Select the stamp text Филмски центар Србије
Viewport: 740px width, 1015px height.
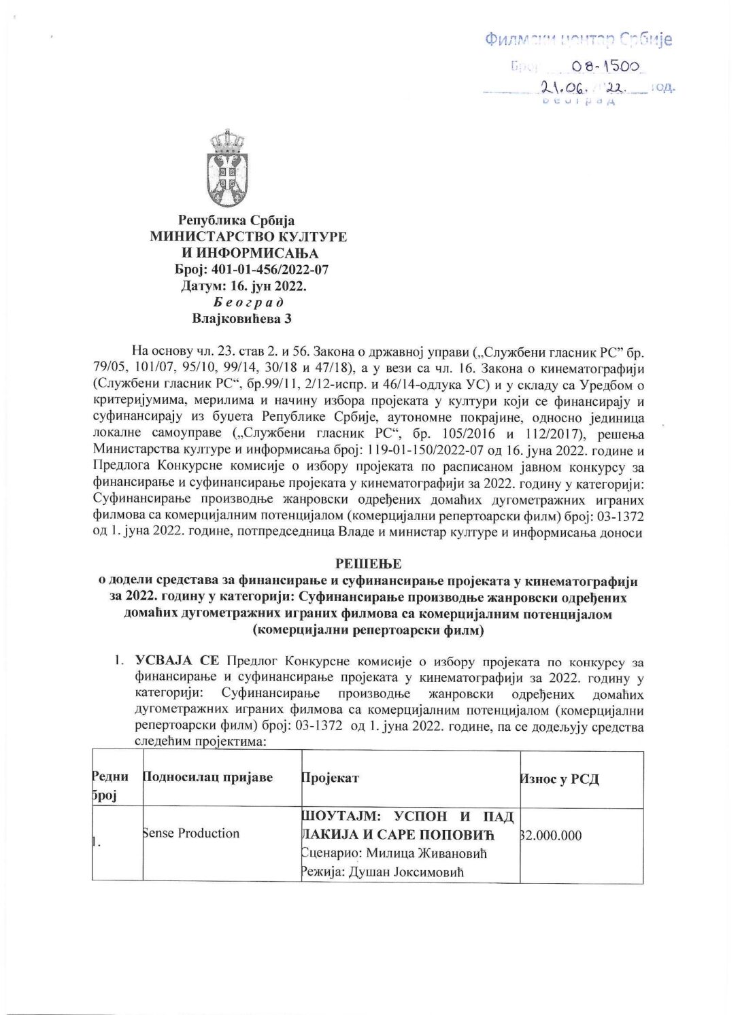pos(578,39)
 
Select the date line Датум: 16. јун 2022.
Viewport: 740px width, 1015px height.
pos(243,286)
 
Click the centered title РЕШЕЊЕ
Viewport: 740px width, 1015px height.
pos(368,564)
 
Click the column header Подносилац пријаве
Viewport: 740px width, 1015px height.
pos(207,777)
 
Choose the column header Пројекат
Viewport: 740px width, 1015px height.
pos(330,778)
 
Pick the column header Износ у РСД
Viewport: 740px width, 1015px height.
pos(560,779)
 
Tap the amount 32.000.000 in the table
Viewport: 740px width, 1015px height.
pos(551,836)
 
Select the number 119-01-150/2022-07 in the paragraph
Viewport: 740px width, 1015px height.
pos(408,451)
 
